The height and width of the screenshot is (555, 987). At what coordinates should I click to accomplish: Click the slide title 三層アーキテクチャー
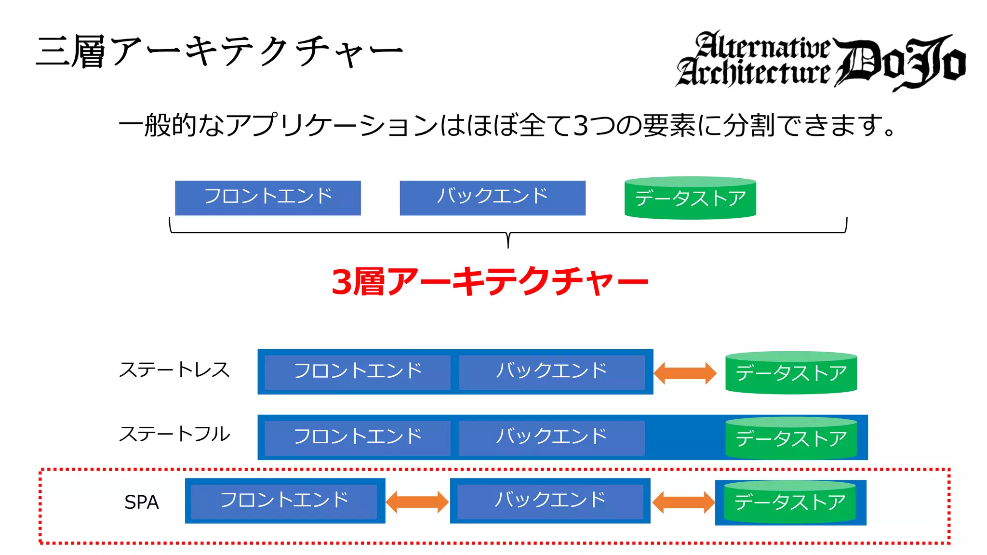point(219,51)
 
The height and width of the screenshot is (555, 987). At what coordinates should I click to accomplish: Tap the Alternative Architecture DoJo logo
point(820,61)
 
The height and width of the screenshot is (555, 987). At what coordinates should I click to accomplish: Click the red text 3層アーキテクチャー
point(490,281)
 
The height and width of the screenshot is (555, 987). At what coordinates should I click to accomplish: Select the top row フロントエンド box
point(268,198)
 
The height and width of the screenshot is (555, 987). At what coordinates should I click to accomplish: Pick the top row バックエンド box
point(493,198)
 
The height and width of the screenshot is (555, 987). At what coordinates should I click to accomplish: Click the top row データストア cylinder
point(690,198)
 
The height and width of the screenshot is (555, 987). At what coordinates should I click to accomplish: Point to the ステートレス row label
point(174,370)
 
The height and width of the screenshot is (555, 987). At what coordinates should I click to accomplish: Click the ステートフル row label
point(174,434)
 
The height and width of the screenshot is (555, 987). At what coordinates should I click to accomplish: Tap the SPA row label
point(141,502)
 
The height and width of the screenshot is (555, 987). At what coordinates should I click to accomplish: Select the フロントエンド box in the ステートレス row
point(358,372)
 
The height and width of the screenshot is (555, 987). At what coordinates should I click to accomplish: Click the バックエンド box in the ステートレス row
point(551,372)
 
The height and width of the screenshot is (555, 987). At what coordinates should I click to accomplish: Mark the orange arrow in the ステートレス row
point(685,373)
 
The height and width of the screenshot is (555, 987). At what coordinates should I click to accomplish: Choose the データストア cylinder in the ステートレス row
point(791,373)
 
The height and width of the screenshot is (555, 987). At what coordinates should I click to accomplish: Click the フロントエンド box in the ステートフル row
point(358,437)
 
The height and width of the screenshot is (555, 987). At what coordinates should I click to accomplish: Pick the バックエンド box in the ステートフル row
point(551,437)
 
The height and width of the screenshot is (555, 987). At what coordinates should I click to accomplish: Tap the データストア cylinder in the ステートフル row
point(791,438)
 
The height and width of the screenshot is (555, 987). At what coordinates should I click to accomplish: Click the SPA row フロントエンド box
point(284,501)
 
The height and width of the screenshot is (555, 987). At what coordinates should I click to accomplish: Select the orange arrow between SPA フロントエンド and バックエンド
point(417,502)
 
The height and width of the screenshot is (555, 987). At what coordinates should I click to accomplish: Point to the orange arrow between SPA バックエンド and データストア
point(683,502)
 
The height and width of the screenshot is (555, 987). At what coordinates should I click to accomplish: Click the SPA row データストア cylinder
point(790,502)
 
